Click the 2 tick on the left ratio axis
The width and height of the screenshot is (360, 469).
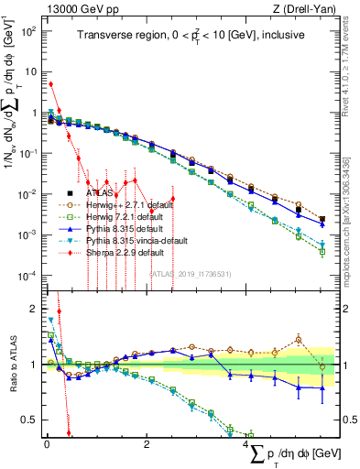tap(33, 309)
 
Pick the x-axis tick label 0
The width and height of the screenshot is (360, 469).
tap(47, 443)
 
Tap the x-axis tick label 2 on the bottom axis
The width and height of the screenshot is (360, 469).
tap(147, 443)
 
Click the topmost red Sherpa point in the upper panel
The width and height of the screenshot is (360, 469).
tap(50, 84)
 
